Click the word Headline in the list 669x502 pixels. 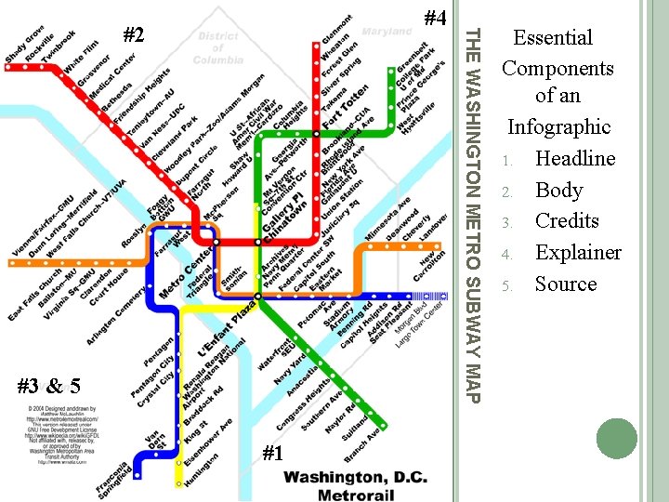[x=575, y=158]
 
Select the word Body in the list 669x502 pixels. [x=558, y=190]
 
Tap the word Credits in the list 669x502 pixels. [x=567, y=221]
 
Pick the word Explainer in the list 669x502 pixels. [x=578, y=252]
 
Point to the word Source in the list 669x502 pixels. [x=566, y=284]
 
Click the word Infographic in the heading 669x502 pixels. [x=558, y=126]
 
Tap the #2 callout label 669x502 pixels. [x=135, y=35]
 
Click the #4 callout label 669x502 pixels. [x=434, y=19]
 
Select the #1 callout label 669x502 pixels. [x=272, y=454]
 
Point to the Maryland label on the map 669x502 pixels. [x=387, y=32]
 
